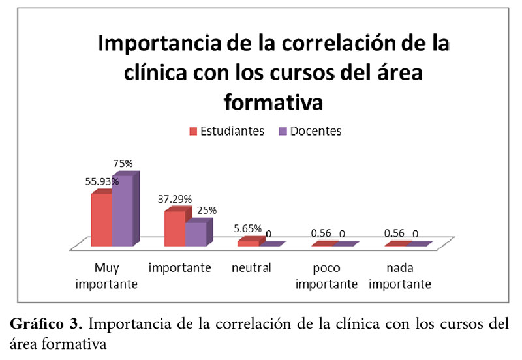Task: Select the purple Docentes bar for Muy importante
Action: pos(123,209)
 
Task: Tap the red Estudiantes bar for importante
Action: pos(174,228)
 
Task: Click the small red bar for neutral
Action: pos(248,243)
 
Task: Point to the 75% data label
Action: pos(124,164)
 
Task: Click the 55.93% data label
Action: pos(101,182)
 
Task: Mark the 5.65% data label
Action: pos(247,229)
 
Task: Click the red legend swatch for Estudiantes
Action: pos(193,132)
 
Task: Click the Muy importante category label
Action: pos(106,276)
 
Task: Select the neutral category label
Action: pos(251,268)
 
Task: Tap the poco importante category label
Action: pos(325,276)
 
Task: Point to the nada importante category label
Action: pos(399,276)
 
